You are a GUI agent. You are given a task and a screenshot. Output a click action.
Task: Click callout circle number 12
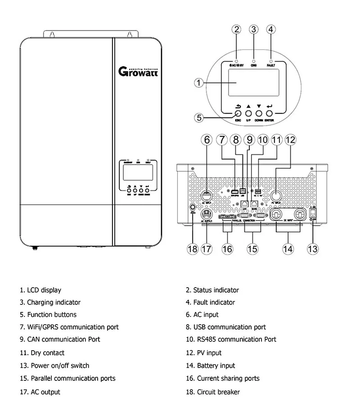coord(290,140)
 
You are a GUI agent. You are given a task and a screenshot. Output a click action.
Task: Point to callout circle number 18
coord(193,248)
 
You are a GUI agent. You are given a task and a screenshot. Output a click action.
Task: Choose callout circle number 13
coord(312,248)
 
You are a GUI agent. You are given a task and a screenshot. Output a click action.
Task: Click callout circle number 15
coord(253,248)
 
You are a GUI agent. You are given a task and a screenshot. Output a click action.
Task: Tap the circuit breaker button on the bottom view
coord(193,209)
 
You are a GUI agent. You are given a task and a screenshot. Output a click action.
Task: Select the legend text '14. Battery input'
coord(216,366)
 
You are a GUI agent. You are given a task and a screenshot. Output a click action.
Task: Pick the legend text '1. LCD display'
coord(40,290)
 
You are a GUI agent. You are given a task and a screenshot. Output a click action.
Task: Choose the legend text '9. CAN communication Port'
coord(60,339)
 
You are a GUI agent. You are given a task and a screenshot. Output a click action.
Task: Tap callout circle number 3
coord(254,30)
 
